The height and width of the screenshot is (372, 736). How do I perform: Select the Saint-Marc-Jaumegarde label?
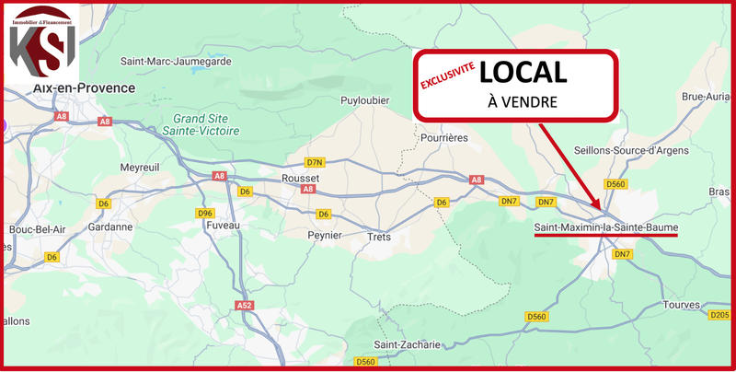[x=176, y=61]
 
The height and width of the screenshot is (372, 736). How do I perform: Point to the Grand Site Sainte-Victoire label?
[x=207, y=125]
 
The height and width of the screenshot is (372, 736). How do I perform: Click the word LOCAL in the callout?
[x=523, y=71]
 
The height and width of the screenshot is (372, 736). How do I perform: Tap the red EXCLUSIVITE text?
[x=448, y=76]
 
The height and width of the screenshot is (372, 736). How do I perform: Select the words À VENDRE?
[x=523, y=101]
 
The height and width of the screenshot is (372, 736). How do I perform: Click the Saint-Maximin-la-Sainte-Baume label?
[x=605, y=227]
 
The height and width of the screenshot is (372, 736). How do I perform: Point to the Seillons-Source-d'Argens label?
[x=630, y=150]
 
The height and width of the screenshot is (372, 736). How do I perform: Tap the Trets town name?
[x=379, y=236]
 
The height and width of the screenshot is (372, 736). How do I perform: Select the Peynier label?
[x=324, y=235]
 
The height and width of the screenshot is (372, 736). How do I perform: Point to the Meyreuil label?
[x=141, y=168]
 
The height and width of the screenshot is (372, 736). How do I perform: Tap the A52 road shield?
[x=244, y=305]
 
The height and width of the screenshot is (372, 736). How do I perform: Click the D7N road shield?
[x=316, y=161]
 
